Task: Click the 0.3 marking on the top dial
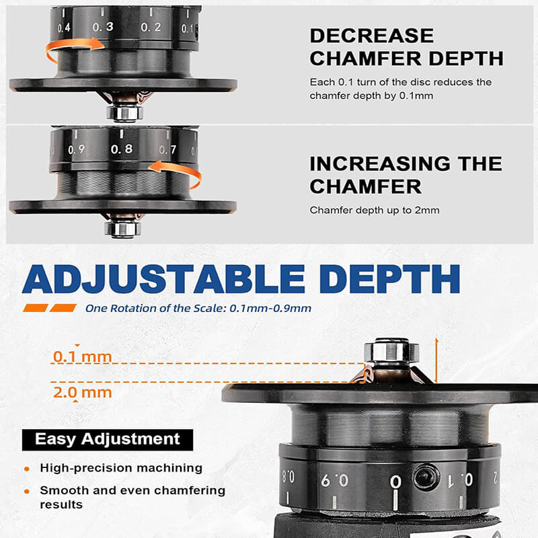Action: coord(103,27)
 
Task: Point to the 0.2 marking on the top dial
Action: coord(151,27)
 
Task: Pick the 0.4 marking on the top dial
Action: coord(65,28)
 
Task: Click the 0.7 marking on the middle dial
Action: coord(167,149)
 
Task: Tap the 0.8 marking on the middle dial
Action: coord(122,149)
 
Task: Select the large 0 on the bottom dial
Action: coord(396,482)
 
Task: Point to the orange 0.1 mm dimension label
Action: coord(82,356)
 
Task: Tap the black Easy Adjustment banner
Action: coord(108,440)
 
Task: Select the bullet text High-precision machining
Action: coord(121,467)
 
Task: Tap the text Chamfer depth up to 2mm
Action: coord(374,210)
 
